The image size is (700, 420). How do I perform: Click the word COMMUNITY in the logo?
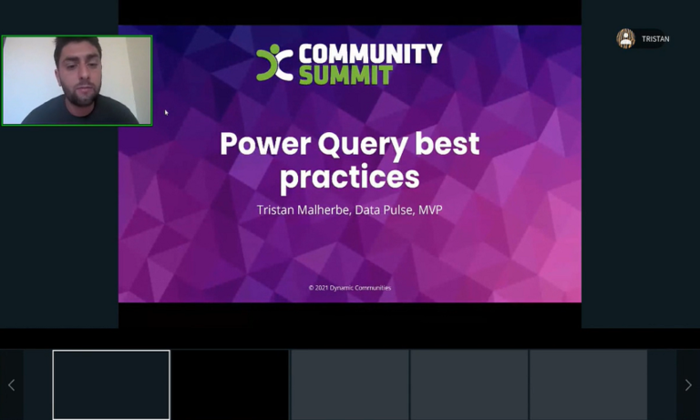pyautogui.click(x=370, y=54)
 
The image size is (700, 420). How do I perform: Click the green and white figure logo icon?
pyautogui.click(x=274, y=63)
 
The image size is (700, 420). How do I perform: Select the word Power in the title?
pyautogui.click(x=265, y=144)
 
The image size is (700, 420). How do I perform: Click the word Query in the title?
pyautogui.click(x=363, y=146)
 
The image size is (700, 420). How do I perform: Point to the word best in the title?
pyautogui.click(x=447, y=143)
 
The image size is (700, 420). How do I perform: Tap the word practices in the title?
pyautogui.click(x=350, y=178)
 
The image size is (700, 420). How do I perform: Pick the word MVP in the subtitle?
pyautogui.click(x=430, y=210)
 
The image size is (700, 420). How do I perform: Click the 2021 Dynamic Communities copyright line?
pyautogui.click(x=350, y=288)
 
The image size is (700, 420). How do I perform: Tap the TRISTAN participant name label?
pyautogui.click(x=655, y=39)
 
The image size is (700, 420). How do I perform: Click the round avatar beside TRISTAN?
pyautogui.click(x=626, y=39)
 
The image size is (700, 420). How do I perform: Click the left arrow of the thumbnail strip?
pyautogui.click(x=12, y=384)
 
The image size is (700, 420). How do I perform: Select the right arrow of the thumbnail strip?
pyautogui.click(x=688, y=384)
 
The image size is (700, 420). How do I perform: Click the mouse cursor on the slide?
pyautogui.click(x=166, y=112)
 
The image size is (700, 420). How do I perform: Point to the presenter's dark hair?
pyautogui.click(x=77, y=45)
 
